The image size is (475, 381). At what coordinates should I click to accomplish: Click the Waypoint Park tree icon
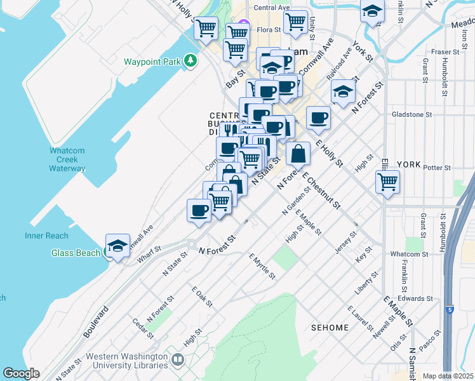point(190,61)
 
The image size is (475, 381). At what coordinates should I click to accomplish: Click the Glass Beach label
point(76,253)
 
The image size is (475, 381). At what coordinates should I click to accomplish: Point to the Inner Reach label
point(46,236)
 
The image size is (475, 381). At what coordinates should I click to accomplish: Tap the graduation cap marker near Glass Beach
point(118,246)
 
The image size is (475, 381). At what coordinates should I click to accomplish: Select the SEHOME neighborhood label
point(330,328)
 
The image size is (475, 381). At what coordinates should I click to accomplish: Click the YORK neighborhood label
point(408,164)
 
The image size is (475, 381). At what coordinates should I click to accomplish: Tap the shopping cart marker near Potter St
point(387,183)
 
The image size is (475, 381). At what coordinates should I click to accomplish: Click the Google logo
point(21,373)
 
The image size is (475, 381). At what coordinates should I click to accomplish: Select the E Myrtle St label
point(262,266)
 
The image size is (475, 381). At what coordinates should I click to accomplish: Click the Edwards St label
point(417,298)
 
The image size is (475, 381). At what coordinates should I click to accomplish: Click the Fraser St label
point(445,51)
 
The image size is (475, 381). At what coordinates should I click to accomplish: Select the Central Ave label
point(271,8)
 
